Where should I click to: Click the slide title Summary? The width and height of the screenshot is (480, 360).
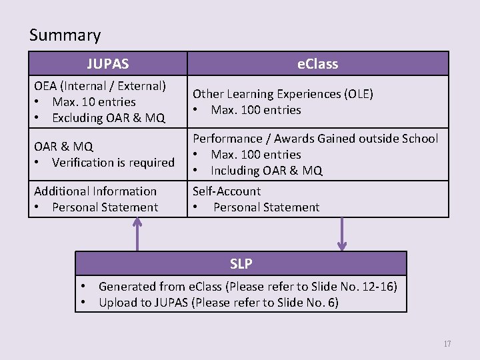tap(65, 35)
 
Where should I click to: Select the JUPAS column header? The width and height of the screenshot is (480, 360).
tap(107, 64)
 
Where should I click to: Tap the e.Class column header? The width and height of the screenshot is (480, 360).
tap(317, 64)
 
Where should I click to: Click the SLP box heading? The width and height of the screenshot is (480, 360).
tap(241, 263)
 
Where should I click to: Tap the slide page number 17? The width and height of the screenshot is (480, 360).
tap(447, 344)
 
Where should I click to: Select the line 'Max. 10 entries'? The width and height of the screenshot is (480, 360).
tap(93, 102)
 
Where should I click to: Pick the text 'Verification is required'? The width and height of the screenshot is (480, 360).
tap(113, 162)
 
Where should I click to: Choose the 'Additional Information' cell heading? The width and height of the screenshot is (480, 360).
tap(95, 191)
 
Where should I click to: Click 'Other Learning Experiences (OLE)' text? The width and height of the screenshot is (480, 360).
tap(283, 94)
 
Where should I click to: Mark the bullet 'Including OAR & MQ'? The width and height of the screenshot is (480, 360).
tap(266, 171)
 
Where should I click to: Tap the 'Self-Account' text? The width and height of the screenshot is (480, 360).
tap(227, 191)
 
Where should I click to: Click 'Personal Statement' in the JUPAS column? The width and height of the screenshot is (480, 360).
tap(105, 207)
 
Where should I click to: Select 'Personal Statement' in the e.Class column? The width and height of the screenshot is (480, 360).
tap(266, 207)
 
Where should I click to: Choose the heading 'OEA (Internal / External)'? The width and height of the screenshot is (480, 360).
tap(100, 86)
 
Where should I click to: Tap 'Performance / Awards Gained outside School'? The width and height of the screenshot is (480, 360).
tap(315, 139)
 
